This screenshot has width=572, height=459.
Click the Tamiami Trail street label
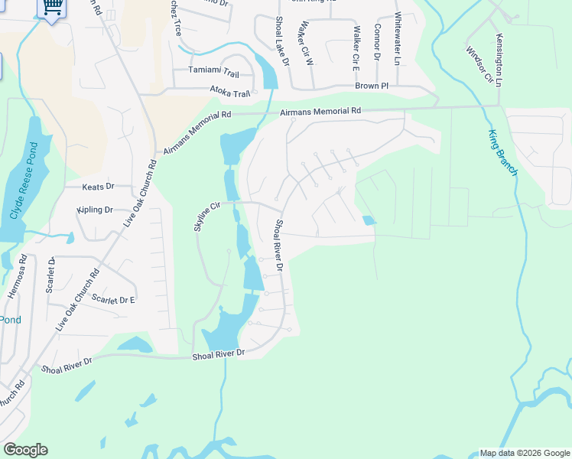coord(214,73)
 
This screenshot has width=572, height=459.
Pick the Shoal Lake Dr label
coord(281,39)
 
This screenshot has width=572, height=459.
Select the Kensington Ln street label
coord(499,60)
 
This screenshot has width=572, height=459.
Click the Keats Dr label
coord(98,186)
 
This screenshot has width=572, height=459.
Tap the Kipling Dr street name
coord(95,210)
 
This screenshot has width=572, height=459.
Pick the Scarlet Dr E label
coord(112,299)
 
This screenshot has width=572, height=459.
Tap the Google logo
coord(25,450)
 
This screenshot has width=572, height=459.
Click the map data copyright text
coord(524,453)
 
